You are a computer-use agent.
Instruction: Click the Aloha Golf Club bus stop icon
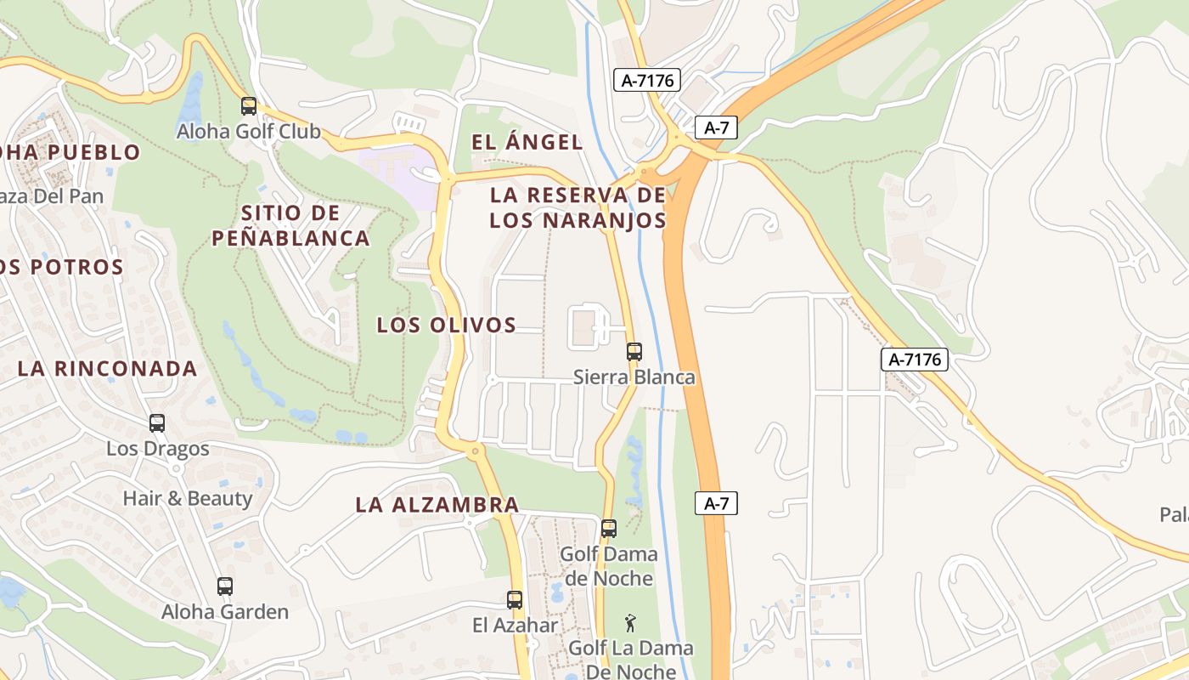click(x=249, y=106)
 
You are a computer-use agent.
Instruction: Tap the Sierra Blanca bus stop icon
click(x=634, y=351)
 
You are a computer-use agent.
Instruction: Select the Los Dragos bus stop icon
click(x=157, y=422)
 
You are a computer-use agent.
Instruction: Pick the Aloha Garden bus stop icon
click(x=224, y=586)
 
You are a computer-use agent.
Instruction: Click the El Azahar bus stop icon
click(x=515, y=599)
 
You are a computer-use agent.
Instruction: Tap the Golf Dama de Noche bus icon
click(x=608, y=528)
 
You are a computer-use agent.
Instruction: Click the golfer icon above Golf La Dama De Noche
click(x=629, y=623)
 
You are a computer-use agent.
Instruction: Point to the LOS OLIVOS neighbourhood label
click(x=447, y=325)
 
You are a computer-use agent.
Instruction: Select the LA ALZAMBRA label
click(x=437, y=504)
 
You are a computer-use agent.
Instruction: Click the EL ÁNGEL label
click(x=527, y=142)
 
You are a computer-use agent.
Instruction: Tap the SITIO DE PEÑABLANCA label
click(x=290, y=225)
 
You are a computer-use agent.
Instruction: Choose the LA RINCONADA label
click(x=108, y=368)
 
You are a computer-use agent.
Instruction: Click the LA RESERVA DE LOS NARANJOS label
click(x=578, y=207)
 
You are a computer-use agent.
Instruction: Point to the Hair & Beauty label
click(x=188, y=498)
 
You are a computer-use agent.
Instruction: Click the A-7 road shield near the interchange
click(x=716, y=128)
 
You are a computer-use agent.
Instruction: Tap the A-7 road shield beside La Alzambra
click(x=716, y=503)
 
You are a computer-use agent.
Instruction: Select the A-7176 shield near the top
click(x=648, y=81)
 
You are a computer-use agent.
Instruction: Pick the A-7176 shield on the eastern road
click(x=915, y=360)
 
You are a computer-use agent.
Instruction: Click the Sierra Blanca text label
click(x=634, y=377)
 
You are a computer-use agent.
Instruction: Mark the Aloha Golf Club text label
click(x=249, y=131)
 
